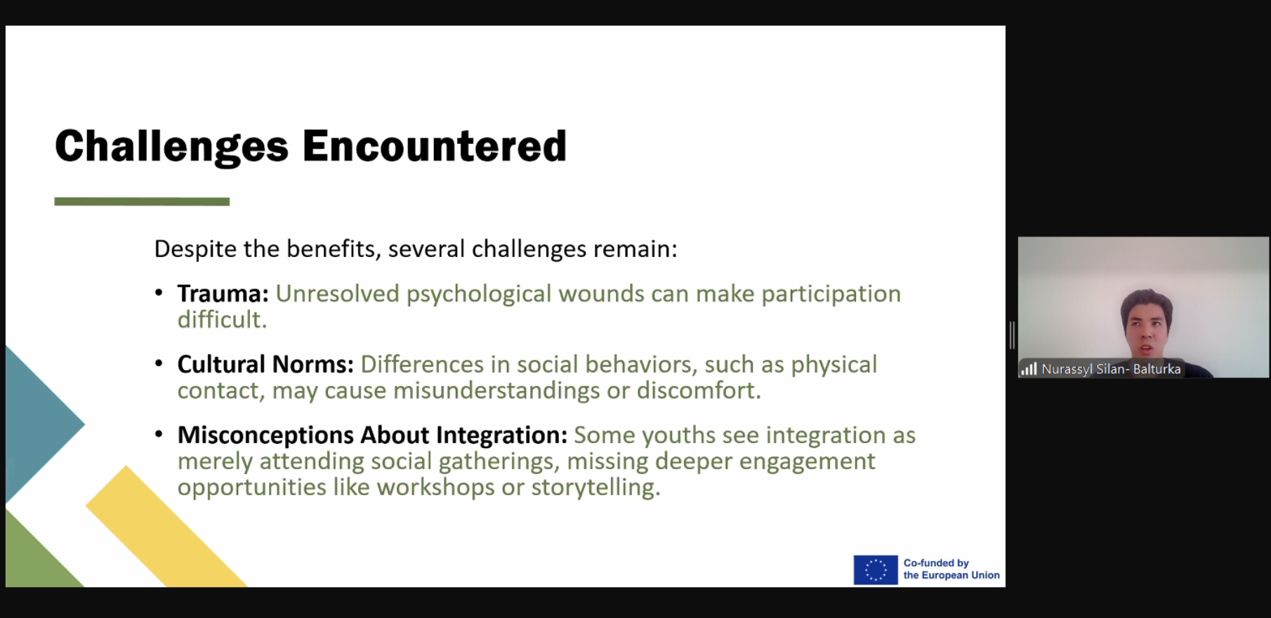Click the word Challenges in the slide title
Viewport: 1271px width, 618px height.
[172, 147]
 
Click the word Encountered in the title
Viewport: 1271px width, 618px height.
[435, 146]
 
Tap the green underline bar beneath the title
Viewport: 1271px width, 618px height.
[142, 202]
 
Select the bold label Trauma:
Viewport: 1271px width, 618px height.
[223, 294]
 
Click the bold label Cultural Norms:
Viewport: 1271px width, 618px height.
[265, 364]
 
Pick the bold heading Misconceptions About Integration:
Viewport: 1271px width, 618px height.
[372, 435]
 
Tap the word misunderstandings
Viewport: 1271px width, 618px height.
[496, 391]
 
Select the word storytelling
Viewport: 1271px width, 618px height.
[595, 487]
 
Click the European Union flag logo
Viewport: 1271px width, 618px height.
[876, 570]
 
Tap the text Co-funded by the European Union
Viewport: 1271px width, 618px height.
[951, 569]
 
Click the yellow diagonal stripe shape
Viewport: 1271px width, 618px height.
[166, 527]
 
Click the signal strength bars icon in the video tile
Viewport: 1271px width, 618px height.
[1029, 369]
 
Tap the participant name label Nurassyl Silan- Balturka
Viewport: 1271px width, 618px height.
[1111, 369]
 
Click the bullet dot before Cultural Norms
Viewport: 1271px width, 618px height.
[159, 364]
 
